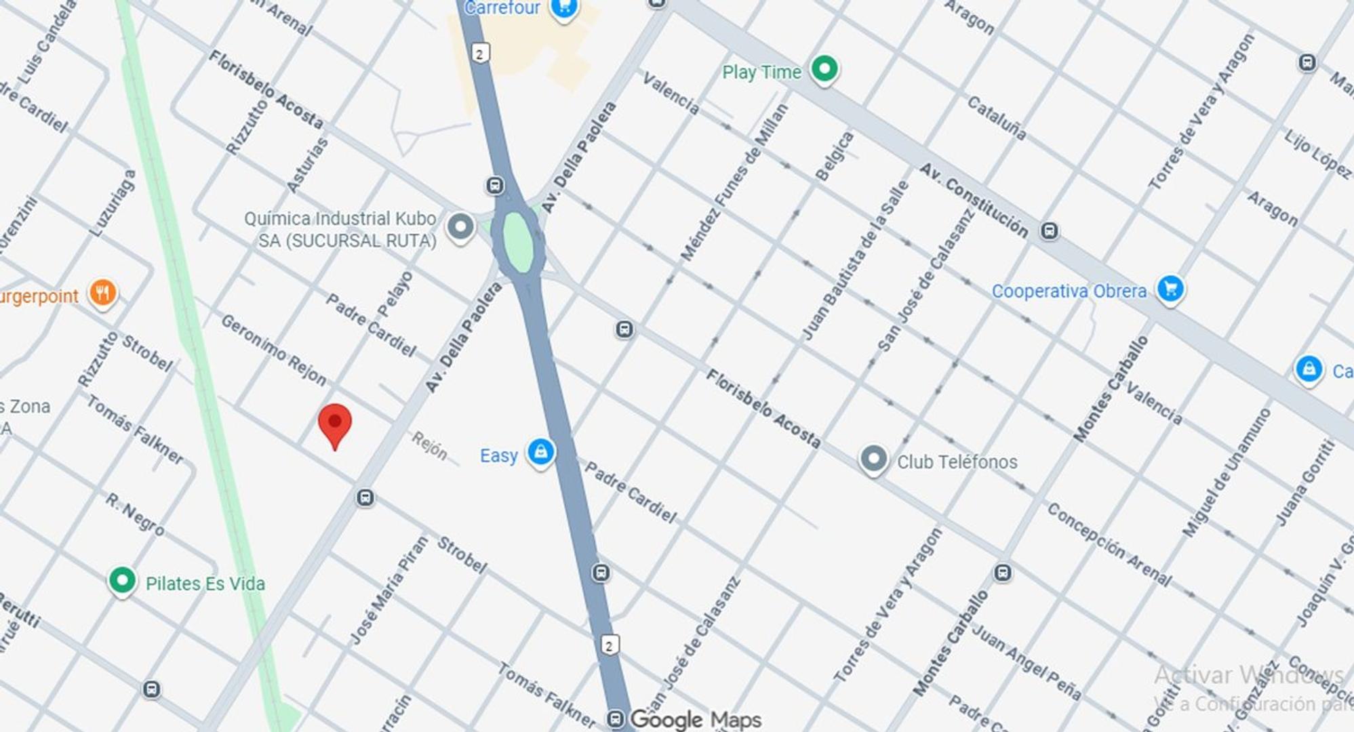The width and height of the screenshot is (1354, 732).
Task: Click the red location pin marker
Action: pyautogui.click(x=334, y=424)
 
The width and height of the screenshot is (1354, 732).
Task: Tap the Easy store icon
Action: pyautogui.click(x=540, y=452)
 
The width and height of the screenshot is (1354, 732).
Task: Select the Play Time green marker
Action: pyautogui.click(x=824, y=69)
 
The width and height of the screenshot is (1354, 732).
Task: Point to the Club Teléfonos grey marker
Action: pyautogui.click(x=873, y=460)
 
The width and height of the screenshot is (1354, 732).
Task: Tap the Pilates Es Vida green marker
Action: pyautogui.click(x=122, y=581)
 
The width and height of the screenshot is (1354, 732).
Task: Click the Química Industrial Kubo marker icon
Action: pyautogui.click(x=460, y=227)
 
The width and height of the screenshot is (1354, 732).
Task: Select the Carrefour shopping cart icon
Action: pyautogui.click(x=563, y=8)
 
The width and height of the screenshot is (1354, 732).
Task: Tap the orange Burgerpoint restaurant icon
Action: pyautogui.click(x=102, y=293)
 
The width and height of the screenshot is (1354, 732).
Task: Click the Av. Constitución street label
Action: pyautogui.click(x=974, y=200)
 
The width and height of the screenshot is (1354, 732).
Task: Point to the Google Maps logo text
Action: pyautogui.click(x=695, y=719)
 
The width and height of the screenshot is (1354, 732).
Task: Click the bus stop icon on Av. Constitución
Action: pyautogui.click(x=1049, y=231)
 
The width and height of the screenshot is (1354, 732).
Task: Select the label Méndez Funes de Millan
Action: pyautogui.click(x=735, y=182)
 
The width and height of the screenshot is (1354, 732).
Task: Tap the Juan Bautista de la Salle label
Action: pyautogui.click(x=855, y=260)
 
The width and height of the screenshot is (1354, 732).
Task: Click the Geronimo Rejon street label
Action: pyautogui.click(x=274, y=350)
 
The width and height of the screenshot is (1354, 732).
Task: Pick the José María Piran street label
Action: pyautogui.click(x=389, y=590)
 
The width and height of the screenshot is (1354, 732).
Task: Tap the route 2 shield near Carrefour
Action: pyautogui.click(x=480, y=54)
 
